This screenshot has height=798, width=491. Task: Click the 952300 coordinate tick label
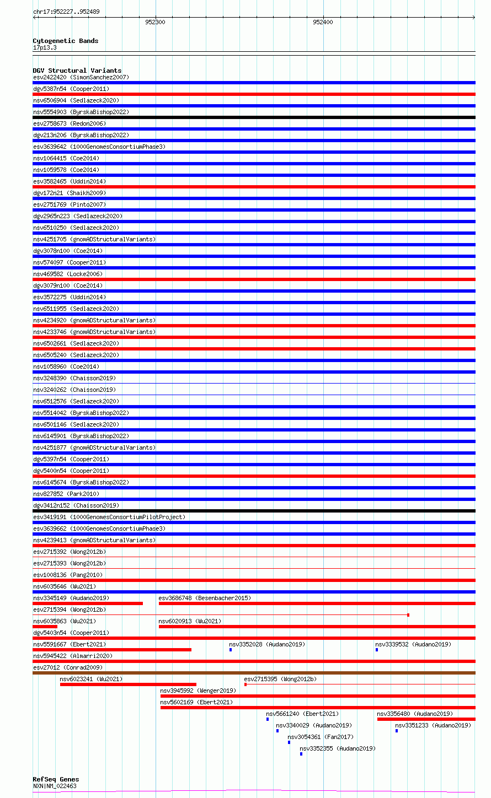(x=155, y=23)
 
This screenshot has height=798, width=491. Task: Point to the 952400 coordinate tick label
(x=323, y=23)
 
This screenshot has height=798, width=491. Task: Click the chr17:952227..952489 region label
(x=66, y=12)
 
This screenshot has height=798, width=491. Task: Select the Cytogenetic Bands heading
(x=65, y=41)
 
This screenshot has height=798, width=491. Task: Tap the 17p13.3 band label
(x=45, y=47)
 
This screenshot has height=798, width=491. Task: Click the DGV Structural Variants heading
(x=77, y=71)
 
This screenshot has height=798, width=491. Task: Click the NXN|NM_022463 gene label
(x=55, y=786)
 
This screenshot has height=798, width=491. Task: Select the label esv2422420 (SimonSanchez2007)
(x=81, y=77)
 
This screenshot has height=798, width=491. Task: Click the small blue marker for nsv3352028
(x=231, y=650)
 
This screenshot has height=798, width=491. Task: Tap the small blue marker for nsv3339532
(x=377, y=650)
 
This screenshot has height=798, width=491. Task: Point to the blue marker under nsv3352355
(x=301, y=754)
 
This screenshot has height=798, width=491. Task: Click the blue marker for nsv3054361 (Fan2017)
(x=289, y=742)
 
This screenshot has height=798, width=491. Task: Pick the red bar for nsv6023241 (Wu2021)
(x=128, y=684)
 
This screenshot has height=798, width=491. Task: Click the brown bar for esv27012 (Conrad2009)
(x=254, y=673)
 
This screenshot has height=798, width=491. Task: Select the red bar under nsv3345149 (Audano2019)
(x=88, y=603)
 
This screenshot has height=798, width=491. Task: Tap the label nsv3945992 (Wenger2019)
(x=198, y=691)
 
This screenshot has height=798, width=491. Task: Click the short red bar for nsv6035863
(x=45, y=627)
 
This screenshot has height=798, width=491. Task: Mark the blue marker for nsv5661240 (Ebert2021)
(x=268, y=719)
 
